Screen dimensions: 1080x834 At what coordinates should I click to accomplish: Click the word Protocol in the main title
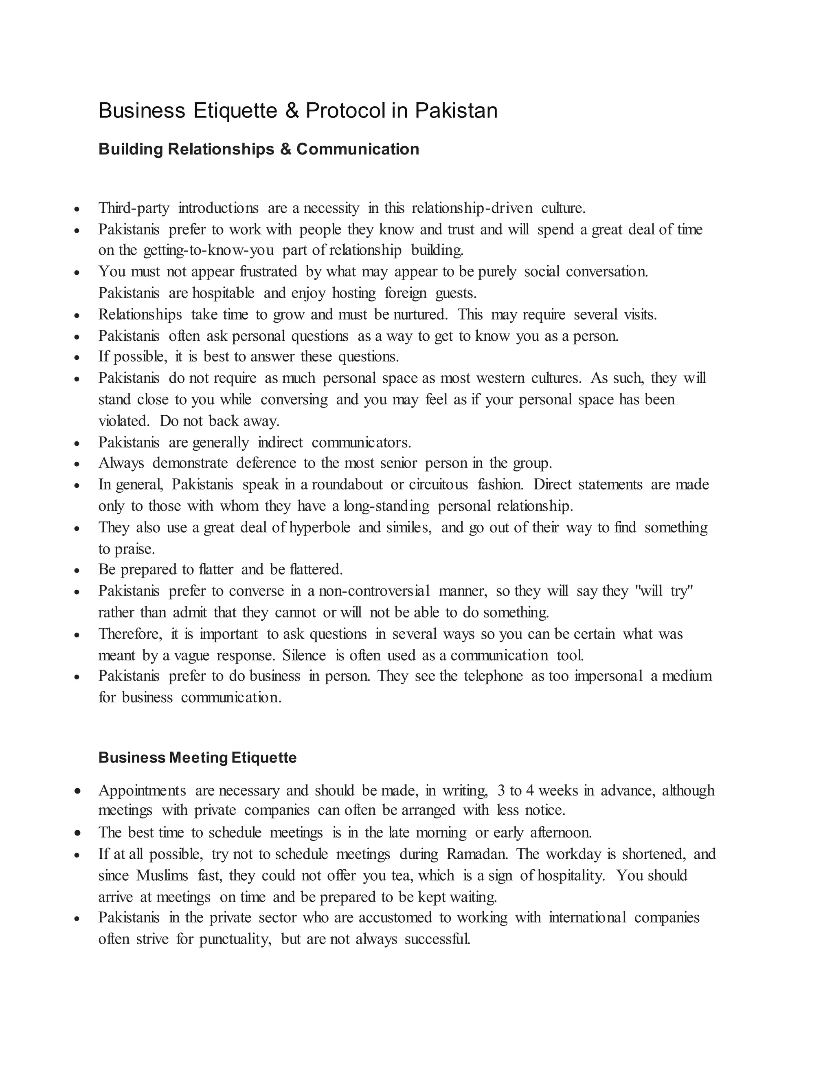pos(345,110)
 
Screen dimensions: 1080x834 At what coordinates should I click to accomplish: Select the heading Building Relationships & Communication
pos(259,149)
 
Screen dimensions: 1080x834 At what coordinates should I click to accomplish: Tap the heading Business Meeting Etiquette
pos(197,758)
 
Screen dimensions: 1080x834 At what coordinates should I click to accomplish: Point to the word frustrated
pos(268,271)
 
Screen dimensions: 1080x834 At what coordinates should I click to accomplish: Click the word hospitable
pos(223,293)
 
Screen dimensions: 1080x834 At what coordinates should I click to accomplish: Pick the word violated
pos(123,421)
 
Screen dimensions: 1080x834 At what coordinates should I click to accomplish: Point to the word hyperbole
pos(320,528)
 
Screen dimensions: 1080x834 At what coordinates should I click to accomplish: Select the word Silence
pos(304,656)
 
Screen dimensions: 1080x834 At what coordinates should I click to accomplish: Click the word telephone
pos(493,677)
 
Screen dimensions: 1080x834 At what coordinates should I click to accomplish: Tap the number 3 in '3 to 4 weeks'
pos(501,791)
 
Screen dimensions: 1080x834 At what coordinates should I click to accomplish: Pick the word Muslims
pos(162,876)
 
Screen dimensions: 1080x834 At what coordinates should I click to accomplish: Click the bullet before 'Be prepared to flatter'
pos(77,570)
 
